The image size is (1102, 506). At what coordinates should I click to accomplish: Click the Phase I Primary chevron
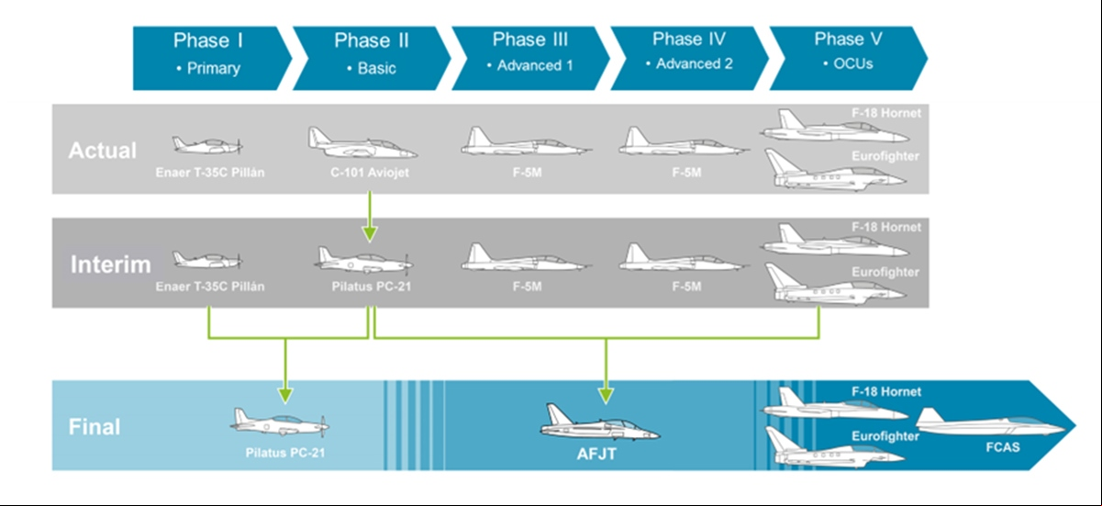(212, 58)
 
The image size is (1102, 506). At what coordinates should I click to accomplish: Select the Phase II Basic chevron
(372, 58)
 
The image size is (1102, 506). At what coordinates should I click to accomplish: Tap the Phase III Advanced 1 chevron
(530, 58)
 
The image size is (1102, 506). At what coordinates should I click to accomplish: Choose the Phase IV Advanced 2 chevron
(689, 58)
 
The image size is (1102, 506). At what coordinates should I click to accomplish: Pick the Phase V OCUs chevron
(848, 58)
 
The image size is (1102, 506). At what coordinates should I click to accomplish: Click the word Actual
(103, 151)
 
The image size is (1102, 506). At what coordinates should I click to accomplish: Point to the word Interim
(111, 264)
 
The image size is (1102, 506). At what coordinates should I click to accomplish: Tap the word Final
(95, 427)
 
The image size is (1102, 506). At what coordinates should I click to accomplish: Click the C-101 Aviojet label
(370, 173)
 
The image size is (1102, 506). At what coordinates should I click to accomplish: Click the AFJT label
(596, 454)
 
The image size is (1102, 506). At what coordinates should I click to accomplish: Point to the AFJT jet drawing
(600, 422)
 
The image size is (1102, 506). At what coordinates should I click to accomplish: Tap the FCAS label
(1003, 447)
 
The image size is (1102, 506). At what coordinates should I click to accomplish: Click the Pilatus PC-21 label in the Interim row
(372, 287)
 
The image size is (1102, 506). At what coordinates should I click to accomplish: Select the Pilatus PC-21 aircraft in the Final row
(280, 422)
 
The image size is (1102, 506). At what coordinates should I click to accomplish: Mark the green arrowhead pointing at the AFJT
(606, 396)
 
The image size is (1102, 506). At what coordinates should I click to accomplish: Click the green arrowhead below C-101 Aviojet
(370, 234)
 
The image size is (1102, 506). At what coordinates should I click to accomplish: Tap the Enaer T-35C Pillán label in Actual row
(210, 173)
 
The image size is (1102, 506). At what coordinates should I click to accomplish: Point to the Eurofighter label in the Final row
(885, 436)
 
